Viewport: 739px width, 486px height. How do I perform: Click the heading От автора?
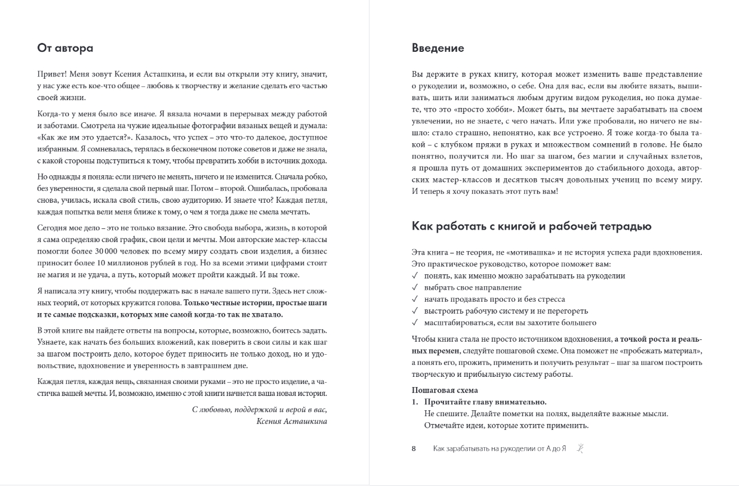click(x=65, y=48)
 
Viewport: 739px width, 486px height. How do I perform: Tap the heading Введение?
click(x=438, y=48)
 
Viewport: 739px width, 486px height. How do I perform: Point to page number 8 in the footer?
click(x=414, y=448)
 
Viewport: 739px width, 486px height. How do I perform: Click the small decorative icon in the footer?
click(x=579, y=448)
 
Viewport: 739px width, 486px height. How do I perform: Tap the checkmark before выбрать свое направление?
click(x=415, y=287)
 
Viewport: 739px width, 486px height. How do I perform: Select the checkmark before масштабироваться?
click(x=415, y=323)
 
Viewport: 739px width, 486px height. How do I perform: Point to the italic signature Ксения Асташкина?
click(x=291, y=421)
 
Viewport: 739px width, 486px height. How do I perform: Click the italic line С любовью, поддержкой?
click(x=260, y=410)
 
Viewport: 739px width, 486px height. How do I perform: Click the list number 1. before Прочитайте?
click(x=415, y=402)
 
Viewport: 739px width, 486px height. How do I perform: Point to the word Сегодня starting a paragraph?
click(x=53, y=228)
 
